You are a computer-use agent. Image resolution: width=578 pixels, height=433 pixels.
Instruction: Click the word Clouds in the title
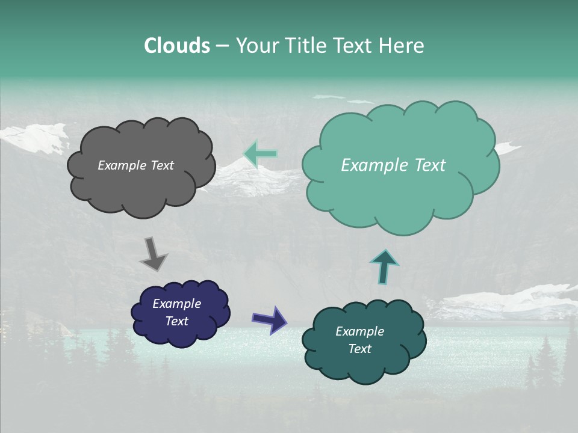pyautogui.click(x=176, y=46)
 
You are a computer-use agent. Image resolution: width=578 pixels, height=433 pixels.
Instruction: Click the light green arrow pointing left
pyautogui.click(x=260, y=153)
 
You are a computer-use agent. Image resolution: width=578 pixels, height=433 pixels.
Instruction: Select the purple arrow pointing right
pyautogui.click(x=270, y=319)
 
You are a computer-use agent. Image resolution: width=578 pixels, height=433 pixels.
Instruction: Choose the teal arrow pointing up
pyautogui.click(x=384, y=266)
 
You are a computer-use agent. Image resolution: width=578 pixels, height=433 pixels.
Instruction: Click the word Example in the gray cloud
pyautogui.click(x=121, y=165)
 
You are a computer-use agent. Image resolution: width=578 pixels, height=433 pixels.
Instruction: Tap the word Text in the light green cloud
pyautogui.click(x=429, y=165)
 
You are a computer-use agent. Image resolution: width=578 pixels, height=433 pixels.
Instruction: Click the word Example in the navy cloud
pyautogui.click(x=176, y=304)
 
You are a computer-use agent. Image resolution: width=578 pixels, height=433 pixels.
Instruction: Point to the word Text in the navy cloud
pyautogui.click(x=176, y=321)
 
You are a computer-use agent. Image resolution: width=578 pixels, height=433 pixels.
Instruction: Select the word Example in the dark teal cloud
pyautogui.click(x=359, y=331)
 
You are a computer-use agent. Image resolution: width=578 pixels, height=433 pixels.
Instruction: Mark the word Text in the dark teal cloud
pyautogui.click(x=359, y=349)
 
